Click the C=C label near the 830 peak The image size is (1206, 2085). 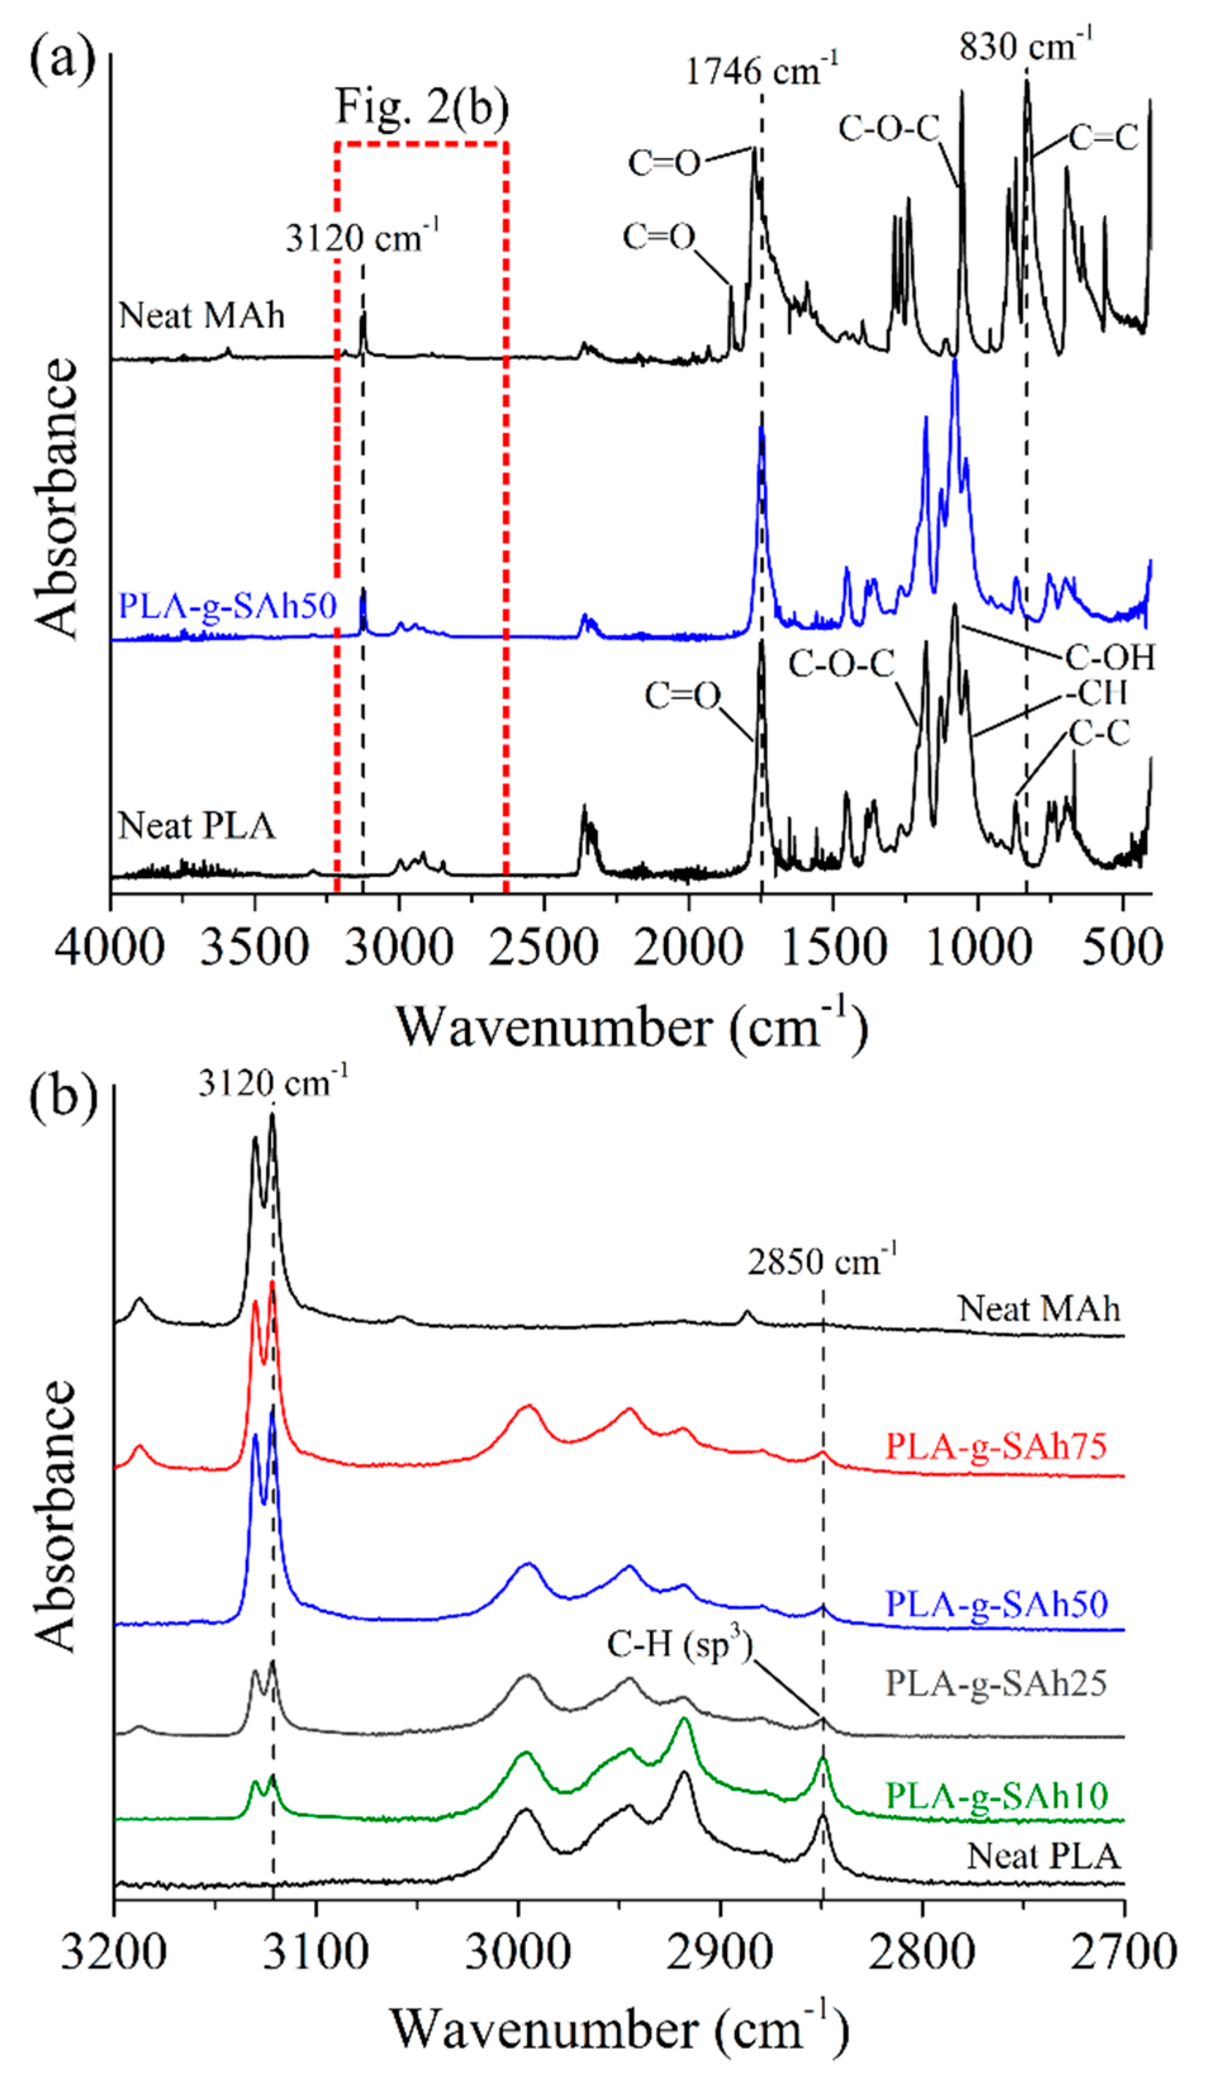(x=1104, y=138)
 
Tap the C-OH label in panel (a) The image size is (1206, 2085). (x=1109, y=658)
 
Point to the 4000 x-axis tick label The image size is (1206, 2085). (x=110, y=946)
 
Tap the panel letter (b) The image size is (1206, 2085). (x=63, y=1097)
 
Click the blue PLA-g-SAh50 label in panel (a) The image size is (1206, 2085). (x=228, y=607)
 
